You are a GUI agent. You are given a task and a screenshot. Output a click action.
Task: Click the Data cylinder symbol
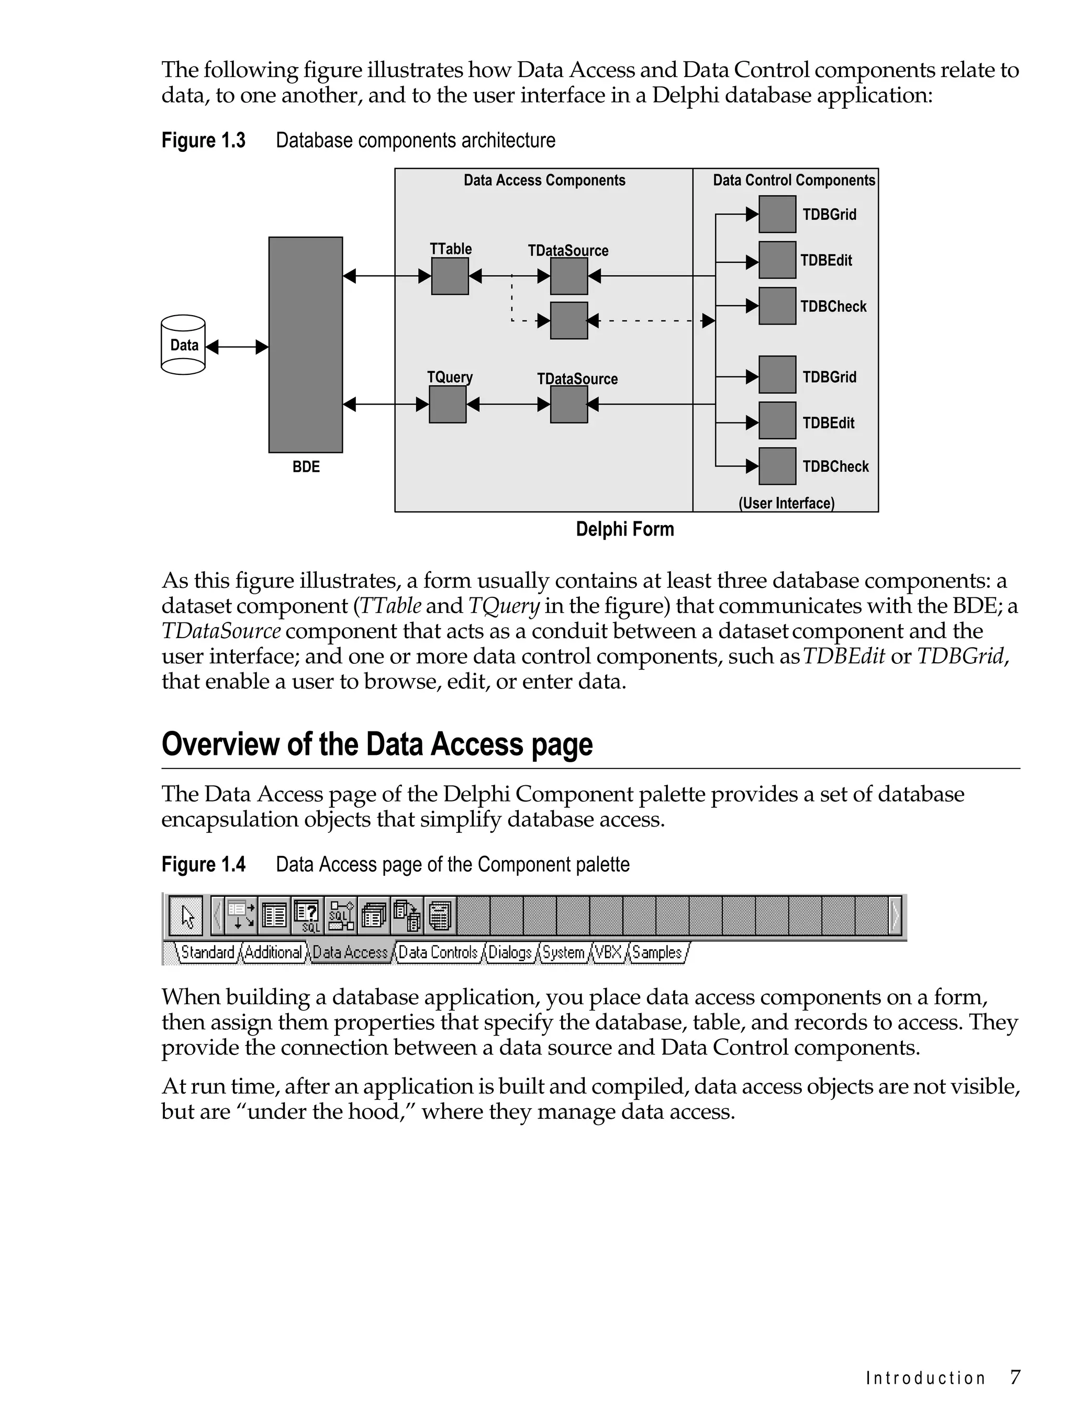(x=183, y=344)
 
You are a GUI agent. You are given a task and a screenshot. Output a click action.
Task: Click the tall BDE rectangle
(x=306, y=344)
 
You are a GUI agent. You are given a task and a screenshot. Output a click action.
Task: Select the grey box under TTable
(x=450, y=276)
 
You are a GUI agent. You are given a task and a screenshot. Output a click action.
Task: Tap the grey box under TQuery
(x=448, y=404)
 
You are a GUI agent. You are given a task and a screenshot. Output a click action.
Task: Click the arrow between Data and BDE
(x=237, y=347)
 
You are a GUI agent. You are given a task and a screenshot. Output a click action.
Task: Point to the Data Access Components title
(x=544, y=181)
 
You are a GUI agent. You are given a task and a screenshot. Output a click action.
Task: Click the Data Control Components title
(x=794, y=181)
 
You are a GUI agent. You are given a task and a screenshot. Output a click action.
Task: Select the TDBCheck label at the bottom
(x=835, y=466)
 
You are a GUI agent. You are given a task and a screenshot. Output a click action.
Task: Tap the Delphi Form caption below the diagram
(x=624, y=529)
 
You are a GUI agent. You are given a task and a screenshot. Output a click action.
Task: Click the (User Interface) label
(x=786, y=503)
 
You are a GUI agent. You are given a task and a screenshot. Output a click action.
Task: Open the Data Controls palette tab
(x=438, y=953)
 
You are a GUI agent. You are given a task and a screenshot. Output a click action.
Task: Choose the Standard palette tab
(x=207, y=953)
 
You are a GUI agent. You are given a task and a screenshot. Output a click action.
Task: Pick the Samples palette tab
(x=656, y=953)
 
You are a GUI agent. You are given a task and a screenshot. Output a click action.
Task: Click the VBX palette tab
(x=608, y=953)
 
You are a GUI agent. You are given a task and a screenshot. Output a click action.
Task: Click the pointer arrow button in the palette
(x=186, y=916)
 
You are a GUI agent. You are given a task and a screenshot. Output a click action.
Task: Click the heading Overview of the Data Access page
(x=377, y=744)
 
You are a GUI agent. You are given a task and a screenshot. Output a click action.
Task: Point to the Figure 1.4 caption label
(x=204, y=865)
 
